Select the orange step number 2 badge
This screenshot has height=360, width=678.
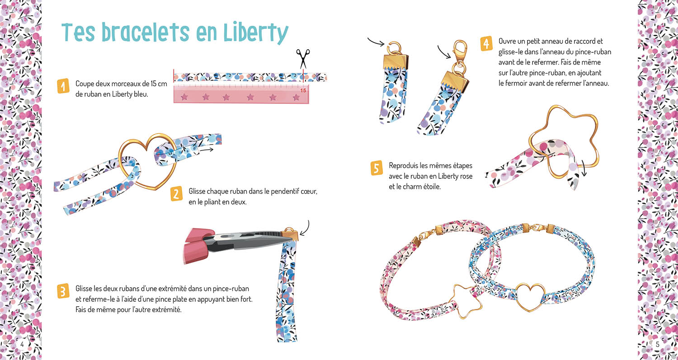[176, 194]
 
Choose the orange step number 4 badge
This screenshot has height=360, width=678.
[486, 44]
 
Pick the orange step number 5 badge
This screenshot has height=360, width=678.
[377, 168]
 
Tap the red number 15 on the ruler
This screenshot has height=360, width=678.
[303, 90]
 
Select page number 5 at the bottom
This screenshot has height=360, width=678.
[657, 345]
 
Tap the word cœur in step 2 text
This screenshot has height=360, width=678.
[308, 192]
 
